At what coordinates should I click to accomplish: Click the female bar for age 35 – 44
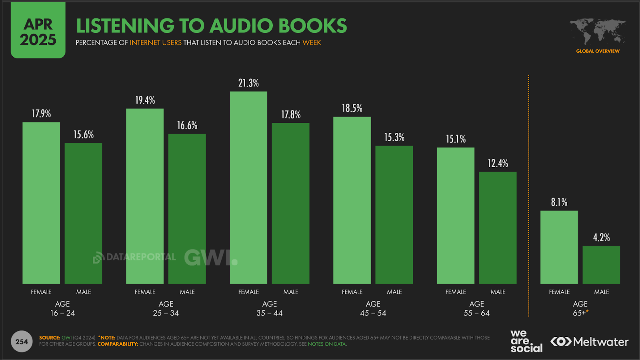point(248,188)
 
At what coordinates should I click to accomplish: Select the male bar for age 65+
point(601,265)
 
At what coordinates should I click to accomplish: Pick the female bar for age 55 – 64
point(456,216)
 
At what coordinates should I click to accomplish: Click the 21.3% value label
point(248,83)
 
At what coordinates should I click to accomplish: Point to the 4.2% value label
point(601,238)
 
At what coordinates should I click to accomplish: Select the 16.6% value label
point(187,126)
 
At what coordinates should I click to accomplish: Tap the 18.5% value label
point(352,108)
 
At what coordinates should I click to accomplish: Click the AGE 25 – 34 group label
point(166,308)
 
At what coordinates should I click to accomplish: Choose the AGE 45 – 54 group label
point(373,308)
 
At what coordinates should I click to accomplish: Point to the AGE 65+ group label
point(580,308)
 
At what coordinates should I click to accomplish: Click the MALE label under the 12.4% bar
point(498,292)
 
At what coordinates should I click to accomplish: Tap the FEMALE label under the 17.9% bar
point(41,292)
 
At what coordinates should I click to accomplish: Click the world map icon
point(598,32)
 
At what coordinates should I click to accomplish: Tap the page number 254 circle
point(22,342)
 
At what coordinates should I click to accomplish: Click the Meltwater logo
point(589,342)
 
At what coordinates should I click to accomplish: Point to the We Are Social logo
point(526,341)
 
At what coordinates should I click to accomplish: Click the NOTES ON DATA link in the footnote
point(327,344)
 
